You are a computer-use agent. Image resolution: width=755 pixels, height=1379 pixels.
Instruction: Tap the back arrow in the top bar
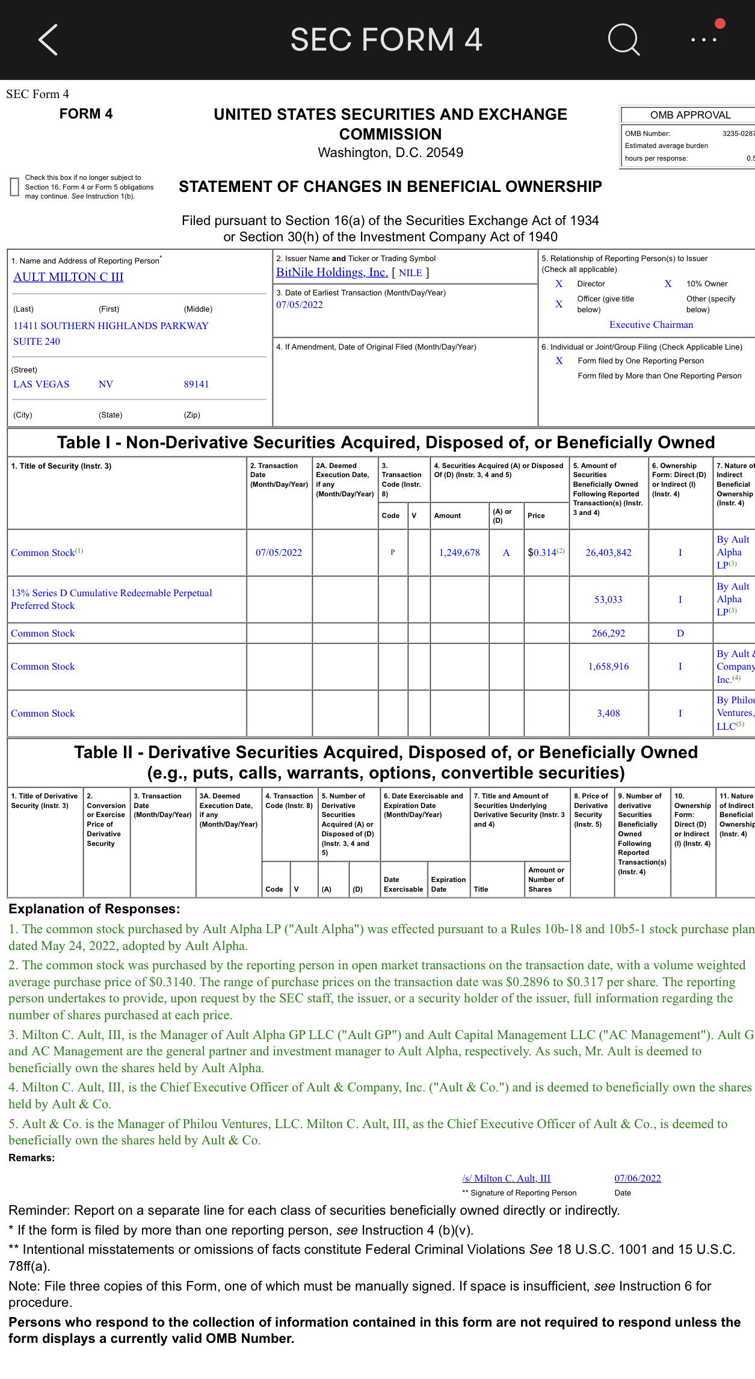click(48, 40)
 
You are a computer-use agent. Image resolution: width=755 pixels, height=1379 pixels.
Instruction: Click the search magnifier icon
click(623, 40)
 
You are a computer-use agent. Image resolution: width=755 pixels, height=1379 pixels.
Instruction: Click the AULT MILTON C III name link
click(68, 277)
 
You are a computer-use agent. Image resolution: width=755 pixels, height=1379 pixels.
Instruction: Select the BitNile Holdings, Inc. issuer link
click(331, 273)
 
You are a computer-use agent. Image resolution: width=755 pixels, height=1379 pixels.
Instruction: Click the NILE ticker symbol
click(410, 273)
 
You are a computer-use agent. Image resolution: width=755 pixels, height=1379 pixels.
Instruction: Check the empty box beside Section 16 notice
click(14, 187)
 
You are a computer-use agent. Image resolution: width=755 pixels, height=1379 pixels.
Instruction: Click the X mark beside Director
click(559, 284)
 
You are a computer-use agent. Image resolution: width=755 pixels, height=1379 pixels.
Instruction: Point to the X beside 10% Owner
click(668, 284)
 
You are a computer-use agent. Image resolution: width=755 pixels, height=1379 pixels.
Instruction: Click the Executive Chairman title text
click(651, 325)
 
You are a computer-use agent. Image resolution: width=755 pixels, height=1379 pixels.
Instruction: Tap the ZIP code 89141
click(196, 384)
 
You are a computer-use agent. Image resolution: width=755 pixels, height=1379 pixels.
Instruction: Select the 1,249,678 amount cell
click(459, 553)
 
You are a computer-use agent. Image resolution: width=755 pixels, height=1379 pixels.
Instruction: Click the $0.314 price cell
click(542, 553)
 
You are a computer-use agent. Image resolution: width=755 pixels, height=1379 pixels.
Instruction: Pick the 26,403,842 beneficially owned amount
click(608, 553)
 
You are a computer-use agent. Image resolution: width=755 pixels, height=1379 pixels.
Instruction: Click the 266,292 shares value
click(608, 634)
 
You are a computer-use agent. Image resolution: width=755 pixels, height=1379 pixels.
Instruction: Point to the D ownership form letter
click(680, 634)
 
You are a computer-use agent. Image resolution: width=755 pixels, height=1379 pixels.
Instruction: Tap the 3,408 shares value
click(608, 714)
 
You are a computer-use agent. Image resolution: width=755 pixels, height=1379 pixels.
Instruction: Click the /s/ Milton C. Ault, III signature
click(506, 1179)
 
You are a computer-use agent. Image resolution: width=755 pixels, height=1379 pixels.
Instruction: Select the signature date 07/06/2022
click(637, 1179)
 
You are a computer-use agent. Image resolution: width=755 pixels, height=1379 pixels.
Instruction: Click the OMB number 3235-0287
click(738, 134)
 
